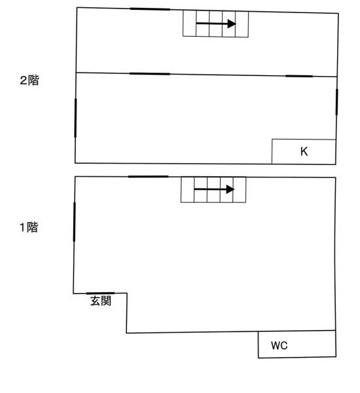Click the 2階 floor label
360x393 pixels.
point(29,81)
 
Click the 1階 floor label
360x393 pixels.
point(29,227)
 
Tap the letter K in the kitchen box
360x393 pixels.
point(304,152)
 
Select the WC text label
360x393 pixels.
point(279,345)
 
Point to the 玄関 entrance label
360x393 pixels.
point(101,301)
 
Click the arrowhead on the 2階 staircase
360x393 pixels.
point(232,24)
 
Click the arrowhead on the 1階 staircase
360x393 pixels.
point(230,189)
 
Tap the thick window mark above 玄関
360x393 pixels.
point(100,293)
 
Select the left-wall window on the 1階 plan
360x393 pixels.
point(74,222)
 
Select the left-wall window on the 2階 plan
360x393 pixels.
point(75,118)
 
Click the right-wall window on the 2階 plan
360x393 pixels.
point(336,102)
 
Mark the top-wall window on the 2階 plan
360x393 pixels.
point(150,9)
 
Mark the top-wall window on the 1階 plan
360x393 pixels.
point(149,177)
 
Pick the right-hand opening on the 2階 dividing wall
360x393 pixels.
point(299,76)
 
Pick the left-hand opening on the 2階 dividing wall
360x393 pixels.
point(149,74)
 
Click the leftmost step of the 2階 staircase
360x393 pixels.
point(190,24)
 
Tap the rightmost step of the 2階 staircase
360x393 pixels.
point(242,24)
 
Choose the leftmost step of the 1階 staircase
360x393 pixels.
point(188,189)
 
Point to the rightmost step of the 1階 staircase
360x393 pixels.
point(240,190)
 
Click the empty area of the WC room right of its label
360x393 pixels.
point(312,345)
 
